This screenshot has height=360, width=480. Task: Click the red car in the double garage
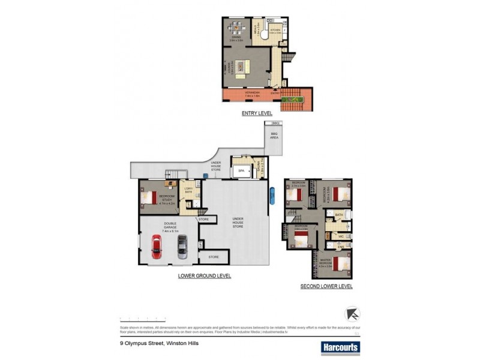156,247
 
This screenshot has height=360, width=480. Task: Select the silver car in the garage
182,246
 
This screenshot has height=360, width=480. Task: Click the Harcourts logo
340,347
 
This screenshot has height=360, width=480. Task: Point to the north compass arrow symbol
352,314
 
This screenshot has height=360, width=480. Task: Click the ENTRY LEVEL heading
257,113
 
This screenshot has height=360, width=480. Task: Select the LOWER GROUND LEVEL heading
205,276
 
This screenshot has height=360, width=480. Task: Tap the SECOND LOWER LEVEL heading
326,287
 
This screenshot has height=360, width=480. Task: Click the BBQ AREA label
275,135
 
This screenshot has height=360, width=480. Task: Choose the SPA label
242,170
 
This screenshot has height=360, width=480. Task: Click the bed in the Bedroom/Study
148,196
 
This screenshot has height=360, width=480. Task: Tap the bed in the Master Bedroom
340,263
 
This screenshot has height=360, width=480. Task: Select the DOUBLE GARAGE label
170,227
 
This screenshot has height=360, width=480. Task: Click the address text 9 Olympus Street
159,344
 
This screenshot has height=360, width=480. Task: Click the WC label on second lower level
340,236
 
